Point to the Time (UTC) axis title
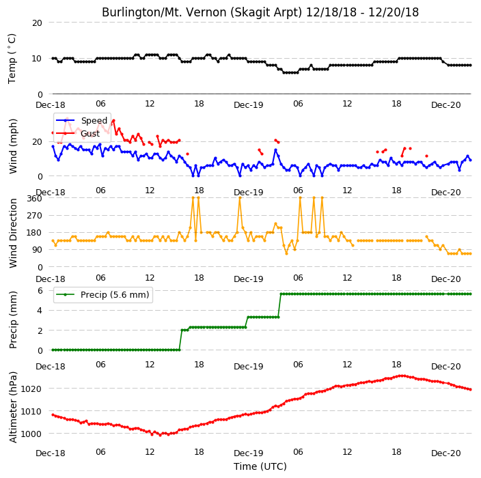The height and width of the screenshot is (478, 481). point(260,466)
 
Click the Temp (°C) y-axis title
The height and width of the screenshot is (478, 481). point(12,59)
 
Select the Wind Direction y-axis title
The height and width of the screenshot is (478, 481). point(13,233)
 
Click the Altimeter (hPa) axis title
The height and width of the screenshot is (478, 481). point(13,407)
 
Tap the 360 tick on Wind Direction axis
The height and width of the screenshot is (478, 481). point(34,199)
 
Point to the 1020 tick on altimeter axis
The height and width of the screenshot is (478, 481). point(31,389)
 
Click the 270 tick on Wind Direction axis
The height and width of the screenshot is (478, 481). point(34,216)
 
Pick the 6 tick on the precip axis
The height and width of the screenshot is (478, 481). point(40,290)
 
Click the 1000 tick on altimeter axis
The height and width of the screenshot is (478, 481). point(31,434)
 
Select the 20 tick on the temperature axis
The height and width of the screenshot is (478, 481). point(37,23)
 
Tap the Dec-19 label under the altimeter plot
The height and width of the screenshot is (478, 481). point(249,453)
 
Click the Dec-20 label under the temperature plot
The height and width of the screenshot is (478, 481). point(446,105)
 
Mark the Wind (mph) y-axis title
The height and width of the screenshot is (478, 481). point(13,147)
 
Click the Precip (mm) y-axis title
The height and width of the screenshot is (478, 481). point(13,320)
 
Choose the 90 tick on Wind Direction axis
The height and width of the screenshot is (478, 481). point(37,250)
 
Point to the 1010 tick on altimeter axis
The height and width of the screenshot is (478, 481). point(31,412)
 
